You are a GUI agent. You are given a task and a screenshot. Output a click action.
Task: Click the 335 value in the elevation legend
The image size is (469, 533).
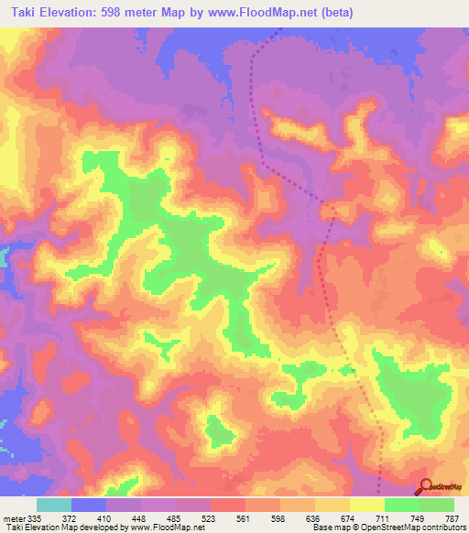click(x=34, y=517)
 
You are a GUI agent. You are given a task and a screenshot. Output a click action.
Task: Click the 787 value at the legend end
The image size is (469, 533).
click(x=453, y=517)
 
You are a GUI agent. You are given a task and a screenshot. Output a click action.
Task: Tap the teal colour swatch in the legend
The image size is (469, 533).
click(x=54, y=505)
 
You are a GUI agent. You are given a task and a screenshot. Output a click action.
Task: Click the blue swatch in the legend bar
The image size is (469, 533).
click(x=89, y=505)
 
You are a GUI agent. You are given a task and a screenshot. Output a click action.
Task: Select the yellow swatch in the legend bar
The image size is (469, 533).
click(x=367, y=505)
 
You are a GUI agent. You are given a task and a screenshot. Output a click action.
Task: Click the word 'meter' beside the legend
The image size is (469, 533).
click(x=13, y=517)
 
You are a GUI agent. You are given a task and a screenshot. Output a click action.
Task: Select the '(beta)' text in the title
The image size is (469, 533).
click(x=335, y=13)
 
